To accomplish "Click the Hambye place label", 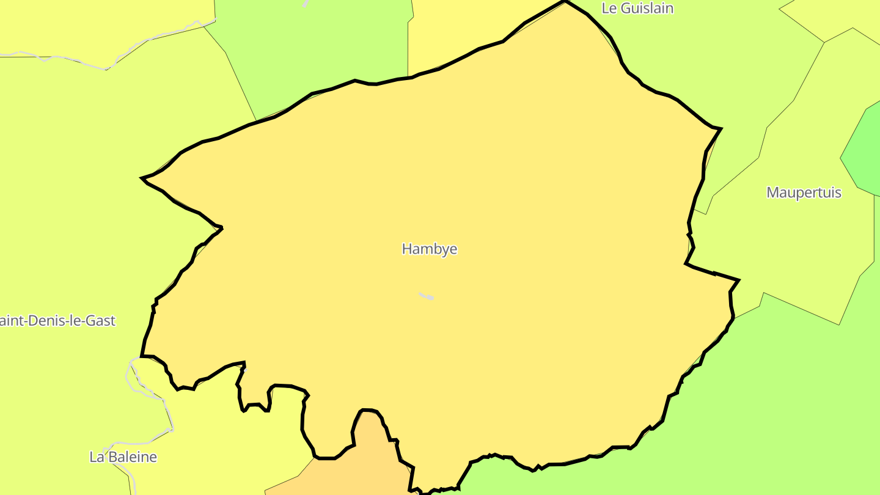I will click(x=430, y=249).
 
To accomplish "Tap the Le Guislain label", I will click(x=637, y=9).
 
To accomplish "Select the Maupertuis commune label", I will click(x=804, y=193).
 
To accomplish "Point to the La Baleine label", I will click(x=123, y=457).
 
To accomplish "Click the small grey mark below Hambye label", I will click(x=427, y=296).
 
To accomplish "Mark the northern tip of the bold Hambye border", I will click(x=565, y=2).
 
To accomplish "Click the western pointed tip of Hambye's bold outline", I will click(x=142, y=178).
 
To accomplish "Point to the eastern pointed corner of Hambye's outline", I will click(x=738, y=280).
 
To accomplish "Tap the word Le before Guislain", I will click(x=609, y=9).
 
